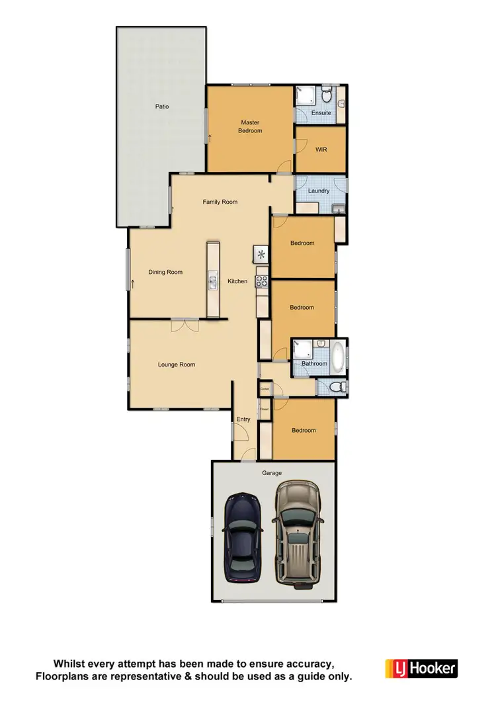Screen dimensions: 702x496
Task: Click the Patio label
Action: tap(162, 106)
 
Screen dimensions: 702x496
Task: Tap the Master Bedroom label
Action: tap(250, 126)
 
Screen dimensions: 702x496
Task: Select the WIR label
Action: tap(321, 150)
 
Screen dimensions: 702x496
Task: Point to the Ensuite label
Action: tap(321, 112)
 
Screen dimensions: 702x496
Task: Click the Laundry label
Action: tap(319, 191)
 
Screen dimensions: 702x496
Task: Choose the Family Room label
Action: tap(220, 202)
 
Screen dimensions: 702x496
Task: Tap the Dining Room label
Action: tap(165, 272)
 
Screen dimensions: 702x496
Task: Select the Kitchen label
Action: tap(237, 281)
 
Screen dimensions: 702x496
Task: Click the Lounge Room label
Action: tap(177, 365)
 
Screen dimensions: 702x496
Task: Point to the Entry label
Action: tap(243, 419)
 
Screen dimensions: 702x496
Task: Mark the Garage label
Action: tap(272, 473)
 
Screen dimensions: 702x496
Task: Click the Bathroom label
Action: tap(314, 364)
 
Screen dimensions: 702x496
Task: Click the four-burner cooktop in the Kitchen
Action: tap(262, 280)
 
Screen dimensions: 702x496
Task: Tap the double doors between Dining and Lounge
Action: tap(185, 324)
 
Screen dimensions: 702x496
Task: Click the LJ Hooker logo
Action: tap(421, 668)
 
